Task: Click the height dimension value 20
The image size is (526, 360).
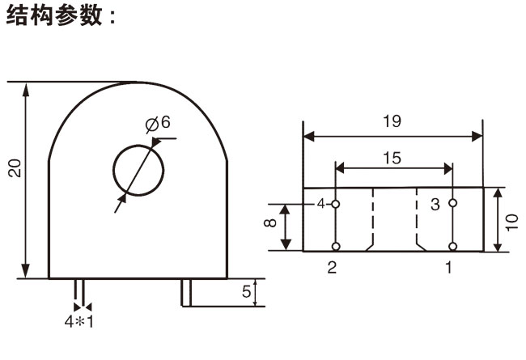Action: (15, 167)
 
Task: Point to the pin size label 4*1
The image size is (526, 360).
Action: (79, 320)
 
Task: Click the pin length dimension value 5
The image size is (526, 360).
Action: (245, 292)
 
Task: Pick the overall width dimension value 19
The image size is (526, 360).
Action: (392, 122)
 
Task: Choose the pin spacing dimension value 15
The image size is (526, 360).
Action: (392, 159)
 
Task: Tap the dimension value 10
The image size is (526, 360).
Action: (511, 221)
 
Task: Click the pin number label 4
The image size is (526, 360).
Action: (320, 204)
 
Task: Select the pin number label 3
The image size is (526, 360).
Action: (435, 205)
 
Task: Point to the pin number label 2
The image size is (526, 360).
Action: (332, 268)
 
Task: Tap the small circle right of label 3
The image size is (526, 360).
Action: (452, 203)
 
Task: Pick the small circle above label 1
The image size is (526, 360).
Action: (452, 246)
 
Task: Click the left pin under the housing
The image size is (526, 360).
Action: (79, 290)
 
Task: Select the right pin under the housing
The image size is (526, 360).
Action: (186, 292)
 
